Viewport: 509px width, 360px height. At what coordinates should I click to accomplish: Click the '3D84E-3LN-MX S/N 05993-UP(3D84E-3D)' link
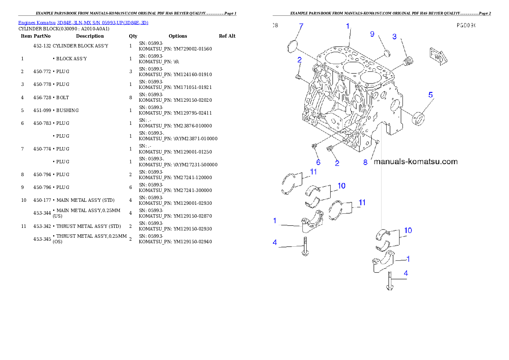[103, 23]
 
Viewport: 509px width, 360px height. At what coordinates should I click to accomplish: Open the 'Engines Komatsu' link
[37, 23]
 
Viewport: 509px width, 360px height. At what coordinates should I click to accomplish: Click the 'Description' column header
[90, 36]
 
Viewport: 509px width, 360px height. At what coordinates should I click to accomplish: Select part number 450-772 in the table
[42, 71]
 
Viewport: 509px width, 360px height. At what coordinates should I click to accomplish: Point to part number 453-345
[42, 239]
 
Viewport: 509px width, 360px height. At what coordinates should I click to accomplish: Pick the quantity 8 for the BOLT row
[130, 97]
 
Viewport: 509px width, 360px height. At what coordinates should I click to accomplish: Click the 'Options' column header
[178, 36]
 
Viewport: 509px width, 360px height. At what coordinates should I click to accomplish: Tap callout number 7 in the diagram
[301, 26]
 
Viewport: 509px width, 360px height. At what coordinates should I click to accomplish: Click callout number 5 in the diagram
[430, 95]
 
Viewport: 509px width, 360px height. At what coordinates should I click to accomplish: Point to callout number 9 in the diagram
[372, 34]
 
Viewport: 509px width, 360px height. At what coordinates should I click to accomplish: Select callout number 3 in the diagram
[394, 37]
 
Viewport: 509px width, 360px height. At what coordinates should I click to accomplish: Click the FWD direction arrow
[438, 56]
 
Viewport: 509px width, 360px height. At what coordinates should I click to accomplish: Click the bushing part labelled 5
[418, 118]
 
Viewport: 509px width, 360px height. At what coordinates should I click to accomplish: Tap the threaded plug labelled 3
[408, 61]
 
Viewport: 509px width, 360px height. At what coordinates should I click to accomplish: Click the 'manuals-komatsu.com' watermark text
[415, 162]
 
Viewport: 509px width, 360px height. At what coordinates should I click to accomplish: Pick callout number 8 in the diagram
[365, 162]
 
